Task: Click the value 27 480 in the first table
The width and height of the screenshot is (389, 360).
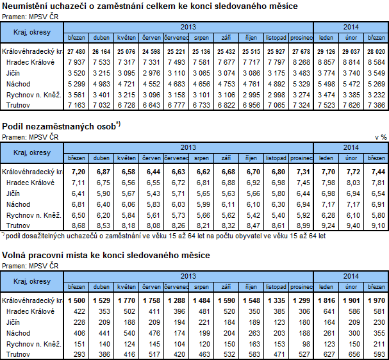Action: (x=76, y=51)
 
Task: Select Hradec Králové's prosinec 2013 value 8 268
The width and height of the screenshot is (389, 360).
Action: (x=301, y=62)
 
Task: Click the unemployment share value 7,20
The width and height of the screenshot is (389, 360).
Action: (x=78, y=172)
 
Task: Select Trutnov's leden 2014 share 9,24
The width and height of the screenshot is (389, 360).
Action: (x=327, y=225)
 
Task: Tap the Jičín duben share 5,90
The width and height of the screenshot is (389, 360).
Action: (x=102, y=193)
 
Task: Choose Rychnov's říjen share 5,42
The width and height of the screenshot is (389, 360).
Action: (x=252, y=215)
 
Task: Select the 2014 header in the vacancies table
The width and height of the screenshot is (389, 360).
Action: (x=351, y=275)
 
